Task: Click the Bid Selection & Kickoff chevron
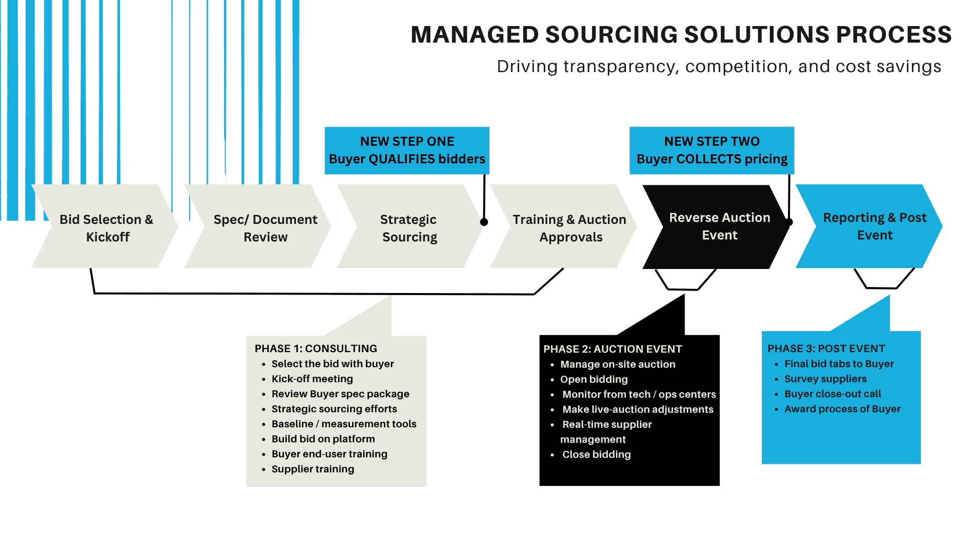point(106,227)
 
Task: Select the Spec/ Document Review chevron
point(265,227)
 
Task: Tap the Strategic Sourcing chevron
point(409,227)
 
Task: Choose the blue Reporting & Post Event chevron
point(874,226)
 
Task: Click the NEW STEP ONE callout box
point(407,150)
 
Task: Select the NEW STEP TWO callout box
point(711,150)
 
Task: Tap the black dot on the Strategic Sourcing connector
point(484,222)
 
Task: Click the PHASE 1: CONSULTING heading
point(315,349)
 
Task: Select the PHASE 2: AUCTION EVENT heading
point(612,349)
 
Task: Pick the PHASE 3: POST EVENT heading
point(826,349)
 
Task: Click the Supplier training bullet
point(312,469)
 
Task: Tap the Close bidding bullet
point(596,454)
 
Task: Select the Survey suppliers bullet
point(825,379)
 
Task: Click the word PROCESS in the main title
point(893,35)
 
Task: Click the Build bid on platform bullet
point(323,439)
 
